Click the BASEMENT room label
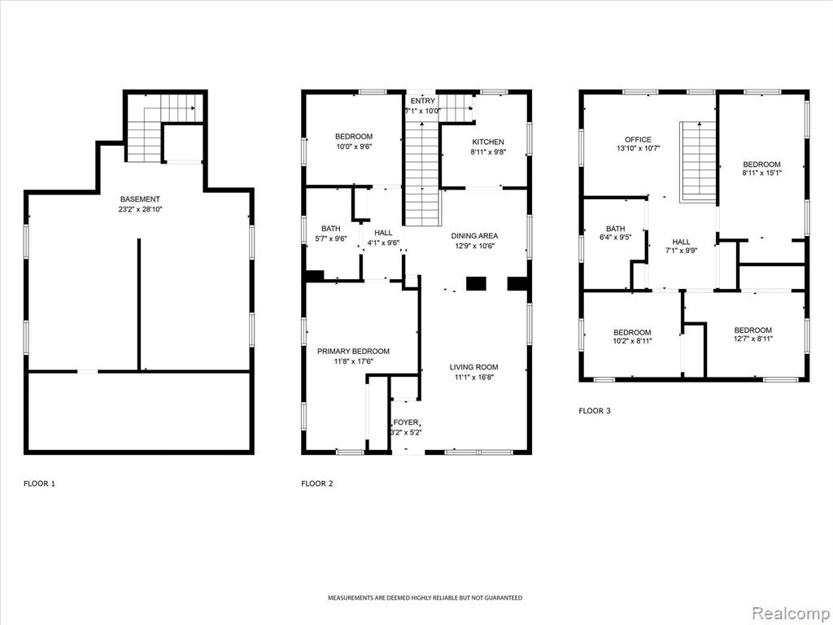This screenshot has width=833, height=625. coord(140,199)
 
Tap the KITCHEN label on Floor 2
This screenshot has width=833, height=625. coord(488,142)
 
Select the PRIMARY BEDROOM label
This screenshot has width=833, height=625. coord(353,352)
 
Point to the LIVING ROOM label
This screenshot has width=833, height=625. coord(474,367)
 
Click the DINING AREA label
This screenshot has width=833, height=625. coord(474,236)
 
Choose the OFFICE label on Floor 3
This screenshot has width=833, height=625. coord(638,140)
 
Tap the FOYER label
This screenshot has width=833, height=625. coord(406,422)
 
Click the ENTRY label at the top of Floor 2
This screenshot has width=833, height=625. coord(423,101)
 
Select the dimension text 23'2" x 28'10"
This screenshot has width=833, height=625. coord(140,209)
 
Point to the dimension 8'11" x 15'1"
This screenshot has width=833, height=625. coord(761,173)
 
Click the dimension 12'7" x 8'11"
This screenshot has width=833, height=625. coord(753,339)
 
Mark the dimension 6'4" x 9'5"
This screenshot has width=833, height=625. coord(615,238)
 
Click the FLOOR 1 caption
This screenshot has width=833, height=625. coord(39,483)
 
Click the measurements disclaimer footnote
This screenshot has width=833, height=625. coord(425,598)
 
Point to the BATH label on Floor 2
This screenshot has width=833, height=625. coord(330,229)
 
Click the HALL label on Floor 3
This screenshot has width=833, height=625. coord(681,242)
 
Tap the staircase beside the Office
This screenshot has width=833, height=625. coord(698,162)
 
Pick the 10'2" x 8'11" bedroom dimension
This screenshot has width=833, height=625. coord(632,341)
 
